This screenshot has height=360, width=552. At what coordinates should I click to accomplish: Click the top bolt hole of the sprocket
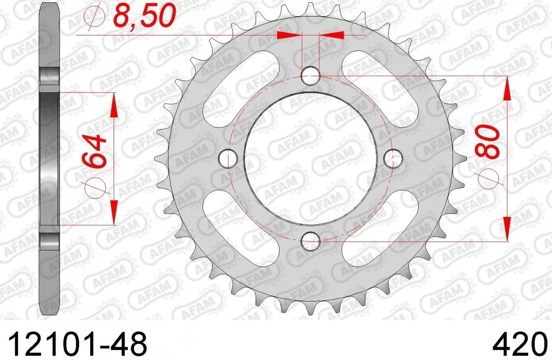310,76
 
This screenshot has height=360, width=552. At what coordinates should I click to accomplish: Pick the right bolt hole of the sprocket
392,158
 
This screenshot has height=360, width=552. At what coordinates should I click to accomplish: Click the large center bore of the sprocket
310,158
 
